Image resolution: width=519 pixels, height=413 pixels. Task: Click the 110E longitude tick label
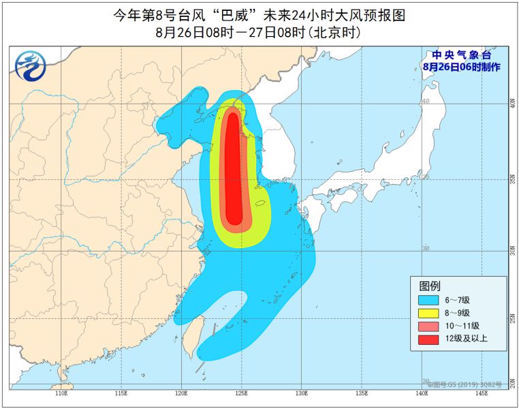pyautogui.click(x=61, y=393)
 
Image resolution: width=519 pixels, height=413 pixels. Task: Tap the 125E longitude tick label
pyautogui.click(x=242, y=393)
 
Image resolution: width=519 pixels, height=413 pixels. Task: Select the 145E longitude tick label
pyautogui.click(x=482, y=393)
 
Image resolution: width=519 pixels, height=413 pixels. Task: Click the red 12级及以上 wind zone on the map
pyautogui.click(x=233, y=170)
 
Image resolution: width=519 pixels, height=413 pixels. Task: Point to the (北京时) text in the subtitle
pyautogui.click(x=334, y=32)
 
